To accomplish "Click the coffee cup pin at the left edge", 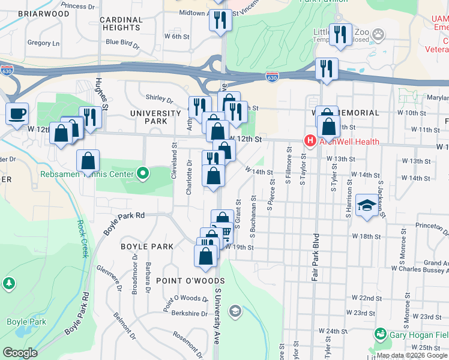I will pos(17,113).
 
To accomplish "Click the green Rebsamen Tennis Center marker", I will pos(142,175).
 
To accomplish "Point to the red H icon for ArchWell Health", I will pos(310,142).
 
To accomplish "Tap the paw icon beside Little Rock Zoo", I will pos(379,32).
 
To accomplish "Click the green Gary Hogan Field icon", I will pos(379,333).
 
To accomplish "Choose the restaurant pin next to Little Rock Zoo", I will pos(340,35).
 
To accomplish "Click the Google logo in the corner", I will pos(20,353).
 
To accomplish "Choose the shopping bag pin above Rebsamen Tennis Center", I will pos(88,161).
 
